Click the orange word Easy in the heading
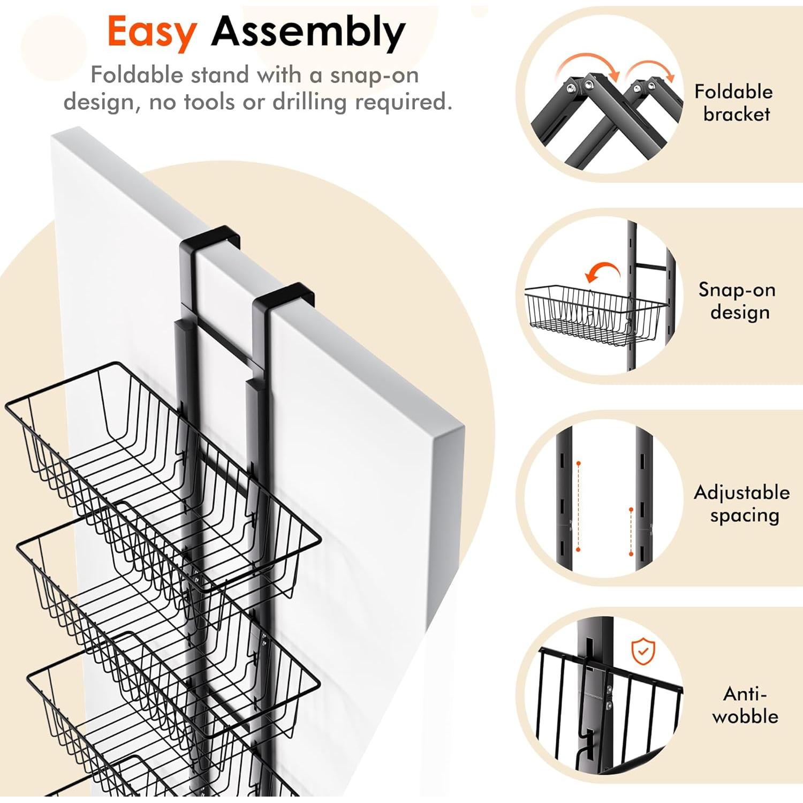(151, 32)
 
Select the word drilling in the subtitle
(310, 102)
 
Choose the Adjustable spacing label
(742, 503)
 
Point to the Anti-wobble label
(745, 705)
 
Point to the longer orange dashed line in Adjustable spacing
(579, 506)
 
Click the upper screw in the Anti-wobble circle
(609, 689)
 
